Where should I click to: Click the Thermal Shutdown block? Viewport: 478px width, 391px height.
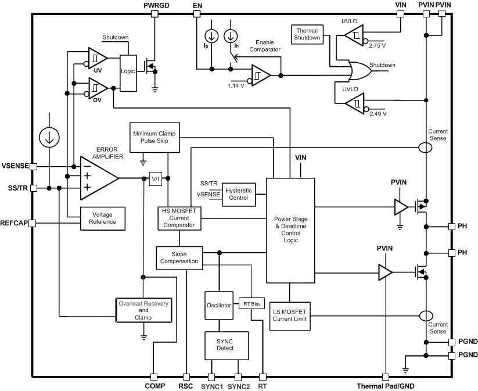308,34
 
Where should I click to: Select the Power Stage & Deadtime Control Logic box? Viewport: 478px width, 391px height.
290,230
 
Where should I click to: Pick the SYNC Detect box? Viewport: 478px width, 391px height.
225,345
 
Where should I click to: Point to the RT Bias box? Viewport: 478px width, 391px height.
251,303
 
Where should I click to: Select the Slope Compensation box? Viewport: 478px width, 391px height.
179,257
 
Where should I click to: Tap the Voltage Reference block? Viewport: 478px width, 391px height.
102,218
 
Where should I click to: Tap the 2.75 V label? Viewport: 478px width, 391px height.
378,44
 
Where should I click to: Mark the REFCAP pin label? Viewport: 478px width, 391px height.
15,223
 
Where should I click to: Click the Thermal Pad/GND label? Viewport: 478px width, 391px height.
386,386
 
